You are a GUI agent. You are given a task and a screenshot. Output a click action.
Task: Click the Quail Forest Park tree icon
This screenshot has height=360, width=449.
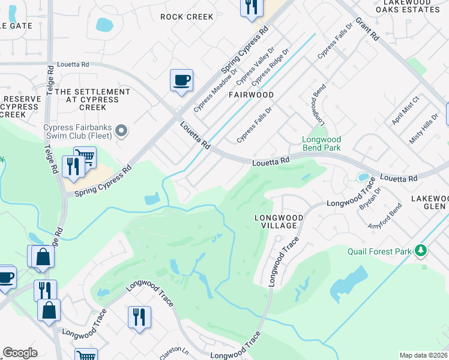point(421,250)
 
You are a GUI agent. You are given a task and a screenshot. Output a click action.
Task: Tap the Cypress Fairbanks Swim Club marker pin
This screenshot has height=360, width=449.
point(121,130)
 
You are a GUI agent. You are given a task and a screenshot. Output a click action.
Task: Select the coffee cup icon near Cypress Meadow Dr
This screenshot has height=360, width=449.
point(181,80)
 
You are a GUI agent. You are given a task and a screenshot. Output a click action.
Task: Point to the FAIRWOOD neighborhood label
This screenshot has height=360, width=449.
point(251,95)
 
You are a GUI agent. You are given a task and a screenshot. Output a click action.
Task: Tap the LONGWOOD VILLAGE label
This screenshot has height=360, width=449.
point(276,221)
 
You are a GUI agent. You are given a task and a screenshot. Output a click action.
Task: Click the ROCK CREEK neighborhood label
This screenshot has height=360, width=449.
point(187,17)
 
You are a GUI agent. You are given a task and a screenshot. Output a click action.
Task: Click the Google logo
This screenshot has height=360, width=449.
point(20,353)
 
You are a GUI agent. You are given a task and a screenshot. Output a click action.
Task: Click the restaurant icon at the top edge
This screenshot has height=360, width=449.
point(251,7)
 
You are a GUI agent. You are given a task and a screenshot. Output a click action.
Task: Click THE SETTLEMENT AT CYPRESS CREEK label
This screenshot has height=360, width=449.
point(92,100)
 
